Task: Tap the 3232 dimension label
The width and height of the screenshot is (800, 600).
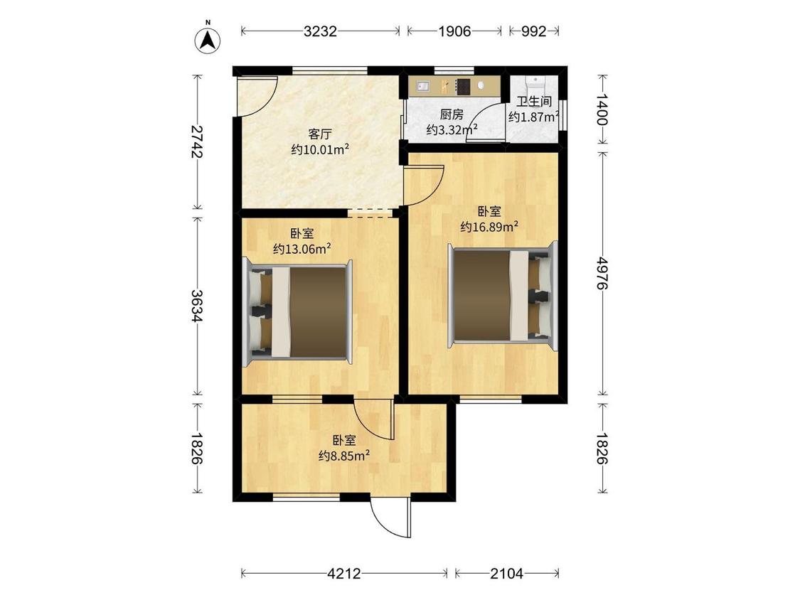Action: pyautogui.click(x=320, y=31)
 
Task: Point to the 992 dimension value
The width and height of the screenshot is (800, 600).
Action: pyautogui.click(x=534, y=31)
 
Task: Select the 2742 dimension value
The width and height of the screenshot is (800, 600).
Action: pyautogui.click(x=198, y=142)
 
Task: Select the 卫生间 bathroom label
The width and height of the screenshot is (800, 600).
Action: pyautogui.click(x=534, y=102)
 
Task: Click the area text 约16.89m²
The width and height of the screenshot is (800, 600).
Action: pyautogui.click(x=489, y=227)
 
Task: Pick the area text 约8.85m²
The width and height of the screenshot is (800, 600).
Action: pyautogui.click(x=343, y=456)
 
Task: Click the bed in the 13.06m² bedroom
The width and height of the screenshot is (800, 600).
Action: pyautogui.click(x=299, y=311)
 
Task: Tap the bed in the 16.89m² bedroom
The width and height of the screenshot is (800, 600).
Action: pyautogui.click(x=503, y=294)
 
